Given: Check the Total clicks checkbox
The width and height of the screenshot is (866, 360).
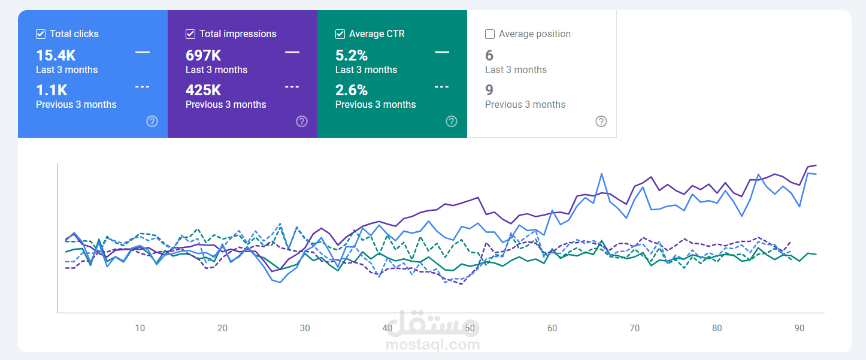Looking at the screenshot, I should [41, 34].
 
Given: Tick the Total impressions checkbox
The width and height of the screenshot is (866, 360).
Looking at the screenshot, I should [190, 34].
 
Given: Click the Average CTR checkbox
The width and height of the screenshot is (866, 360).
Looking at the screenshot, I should [340, 34].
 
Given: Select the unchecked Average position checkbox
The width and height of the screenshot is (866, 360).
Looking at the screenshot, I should [490, 34].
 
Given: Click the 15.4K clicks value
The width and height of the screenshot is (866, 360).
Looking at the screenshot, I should [56, 56].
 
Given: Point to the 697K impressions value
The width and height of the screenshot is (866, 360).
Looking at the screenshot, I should [204, 56].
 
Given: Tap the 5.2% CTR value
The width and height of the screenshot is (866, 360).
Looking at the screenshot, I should [352, 56].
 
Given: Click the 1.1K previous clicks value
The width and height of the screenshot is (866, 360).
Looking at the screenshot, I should [52, 90].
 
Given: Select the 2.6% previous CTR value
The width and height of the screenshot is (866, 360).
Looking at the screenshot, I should [352, 90].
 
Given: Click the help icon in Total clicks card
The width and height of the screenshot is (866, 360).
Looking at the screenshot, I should [152, 122].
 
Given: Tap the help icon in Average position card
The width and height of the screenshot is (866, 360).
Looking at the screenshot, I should [601, 122].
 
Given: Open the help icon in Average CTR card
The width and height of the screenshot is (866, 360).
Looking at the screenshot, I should [452, 122].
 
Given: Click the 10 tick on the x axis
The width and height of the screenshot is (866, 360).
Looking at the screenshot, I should [140, 328].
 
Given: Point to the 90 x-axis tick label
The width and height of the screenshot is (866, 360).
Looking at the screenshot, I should [800, 328].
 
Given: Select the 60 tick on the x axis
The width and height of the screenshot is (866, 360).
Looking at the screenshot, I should [552, 328].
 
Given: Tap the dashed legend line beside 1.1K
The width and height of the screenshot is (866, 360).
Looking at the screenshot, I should [143, 87].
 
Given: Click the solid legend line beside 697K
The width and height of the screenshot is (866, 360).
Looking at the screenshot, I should [292, 52].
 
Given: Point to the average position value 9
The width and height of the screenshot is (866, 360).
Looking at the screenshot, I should [489, 90].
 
